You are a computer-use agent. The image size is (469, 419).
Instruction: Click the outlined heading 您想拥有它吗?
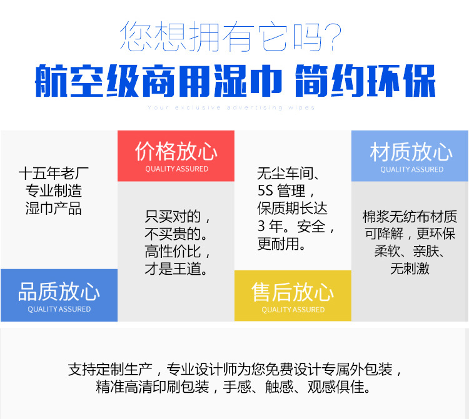pos(231,36)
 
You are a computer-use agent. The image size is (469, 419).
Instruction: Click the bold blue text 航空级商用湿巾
pos(159,81)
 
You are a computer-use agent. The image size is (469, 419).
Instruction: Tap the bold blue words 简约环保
pos(365,81)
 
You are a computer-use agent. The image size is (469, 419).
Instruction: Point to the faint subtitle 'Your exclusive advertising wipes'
pos(231,107)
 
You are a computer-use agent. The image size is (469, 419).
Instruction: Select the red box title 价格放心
pos(176,151)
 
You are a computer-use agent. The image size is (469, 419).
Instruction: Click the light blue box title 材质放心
pos(411,152)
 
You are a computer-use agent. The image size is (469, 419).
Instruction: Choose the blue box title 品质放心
pos(59,292)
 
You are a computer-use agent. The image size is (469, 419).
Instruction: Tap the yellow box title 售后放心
pos(293,292)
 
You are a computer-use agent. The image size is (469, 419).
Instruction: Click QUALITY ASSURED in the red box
pos(177,169)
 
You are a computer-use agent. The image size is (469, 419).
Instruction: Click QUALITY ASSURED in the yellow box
pos(293,310)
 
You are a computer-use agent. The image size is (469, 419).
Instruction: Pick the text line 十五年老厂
pos(54,173)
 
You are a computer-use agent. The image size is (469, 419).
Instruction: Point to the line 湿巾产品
pos(54,208)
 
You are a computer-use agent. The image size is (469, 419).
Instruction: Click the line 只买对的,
pos(178,216)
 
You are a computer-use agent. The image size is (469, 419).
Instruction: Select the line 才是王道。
pos(176,268)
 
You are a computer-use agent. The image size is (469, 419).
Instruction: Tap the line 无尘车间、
pos(288,173)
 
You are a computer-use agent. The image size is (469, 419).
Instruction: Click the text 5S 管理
pos(281,190)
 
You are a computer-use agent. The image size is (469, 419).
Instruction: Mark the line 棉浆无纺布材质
pos(410,216)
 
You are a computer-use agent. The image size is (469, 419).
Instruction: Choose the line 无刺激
pos(410,268)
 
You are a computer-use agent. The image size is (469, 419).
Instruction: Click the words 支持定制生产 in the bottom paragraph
pos(110,370)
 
